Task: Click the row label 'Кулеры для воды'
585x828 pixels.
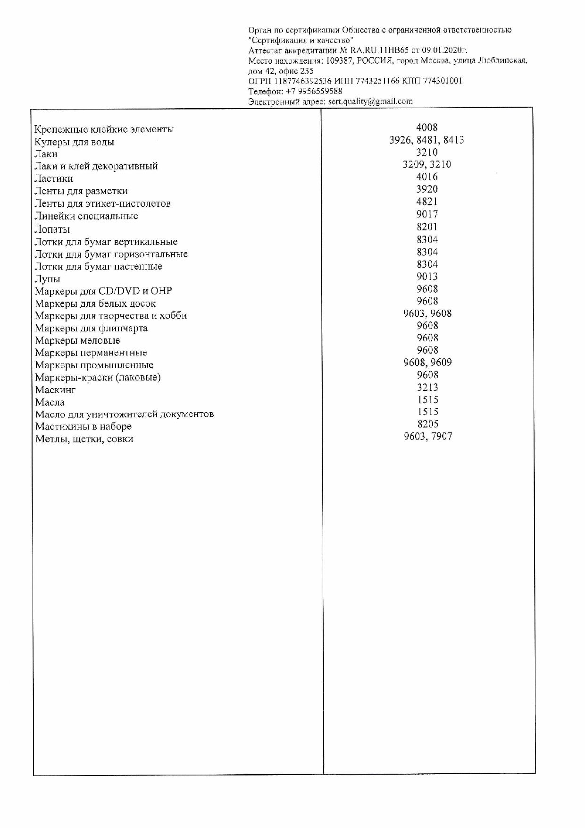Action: (x=74, y=142)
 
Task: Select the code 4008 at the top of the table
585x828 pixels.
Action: (x=427, y=127)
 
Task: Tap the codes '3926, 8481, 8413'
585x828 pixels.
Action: (x=426, y=140)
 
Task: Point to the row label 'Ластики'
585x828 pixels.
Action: (x=53, y=178)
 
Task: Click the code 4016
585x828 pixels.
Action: (x=427, y=177)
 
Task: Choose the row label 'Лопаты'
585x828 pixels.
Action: (x=52, y=229)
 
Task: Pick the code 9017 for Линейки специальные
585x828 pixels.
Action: (x=427, y=214)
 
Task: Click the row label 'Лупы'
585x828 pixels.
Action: (x=47, y=279)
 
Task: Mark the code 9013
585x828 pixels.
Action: (x=427, y=276)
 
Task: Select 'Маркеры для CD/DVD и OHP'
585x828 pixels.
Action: (x=103, y=291)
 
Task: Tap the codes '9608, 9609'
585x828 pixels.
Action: (x=427, y=363)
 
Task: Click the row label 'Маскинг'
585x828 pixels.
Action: (x=55, y=390)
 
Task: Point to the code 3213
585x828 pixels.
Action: (x=427, y=387)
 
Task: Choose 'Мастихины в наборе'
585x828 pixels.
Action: (x=84, y=426)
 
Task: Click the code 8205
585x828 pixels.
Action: (x=427, y=424)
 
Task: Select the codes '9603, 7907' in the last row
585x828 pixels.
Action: (x=428, y=436)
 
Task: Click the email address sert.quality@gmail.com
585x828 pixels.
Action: (x=370, y=101)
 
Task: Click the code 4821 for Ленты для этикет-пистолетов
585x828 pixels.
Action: (x=427, y=202)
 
